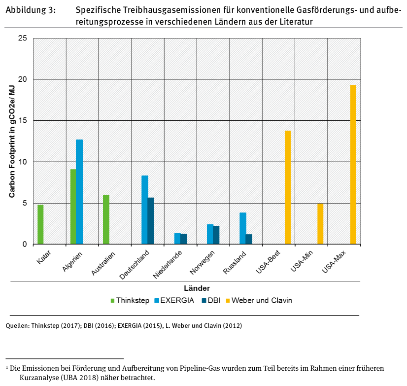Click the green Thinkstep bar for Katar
pos(40,224)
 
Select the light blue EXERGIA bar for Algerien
pos(79,192)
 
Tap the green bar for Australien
pos(106,219)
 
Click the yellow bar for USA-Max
pos(353,165)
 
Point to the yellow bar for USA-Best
pos(288,187)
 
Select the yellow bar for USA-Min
pos(320,224)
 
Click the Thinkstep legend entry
pos(129,300)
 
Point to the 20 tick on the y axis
pos(23,79)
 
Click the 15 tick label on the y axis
pos(23,121)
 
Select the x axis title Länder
pos(197,288)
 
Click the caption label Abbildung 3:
pos(30,10)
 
